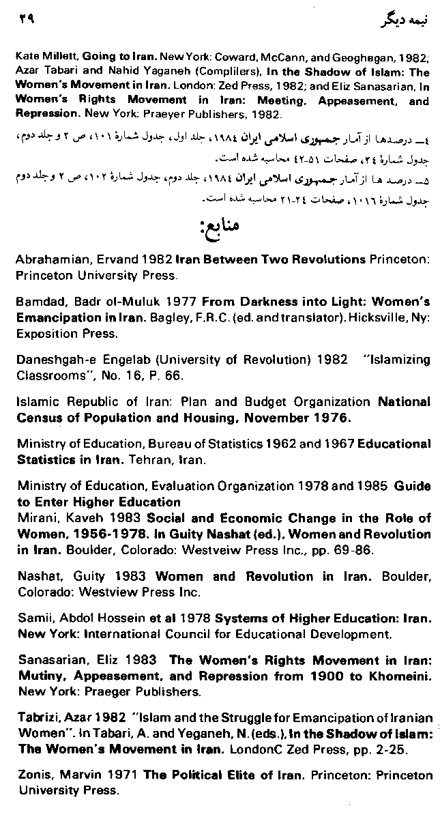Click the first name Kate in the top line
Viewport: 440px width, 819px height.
[27, 60]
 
